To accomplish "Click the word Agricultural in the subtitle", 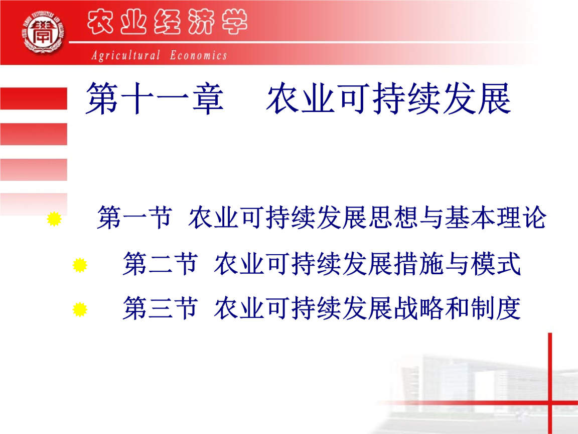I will [x=126, y=55].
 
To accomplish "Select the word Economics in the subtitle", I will [x=198, y=55].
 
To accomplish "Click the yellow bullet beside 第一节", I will [x=54, y=219].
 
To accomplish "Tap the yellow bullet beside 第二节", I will [x=80, y=265].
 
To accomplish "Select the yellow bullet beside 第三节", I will [x=80, y=309].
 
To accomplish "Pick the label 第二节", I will [x=160, y=265].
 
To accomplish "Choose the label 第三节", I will [x=160, y=309].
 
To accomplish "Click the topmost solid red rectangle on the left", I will [x=33, y=98].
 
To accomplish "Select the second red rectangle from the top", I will [x=33, y=134].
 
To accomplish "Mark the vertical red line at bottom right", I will [x=550, y=382].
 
